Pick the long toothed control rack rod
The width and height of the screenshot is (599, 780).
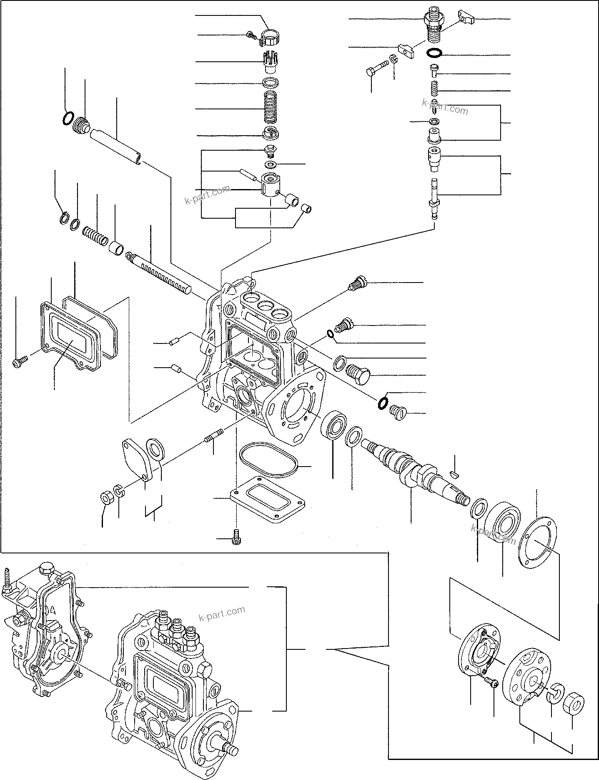coord(158,271)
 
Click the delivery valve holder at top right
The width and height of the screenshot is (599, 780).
coord(433,25)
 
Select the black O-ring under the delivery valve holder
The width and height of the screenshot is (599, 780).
coord(434,53)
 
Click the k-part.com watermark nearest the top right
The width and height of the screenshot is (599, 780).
coord(445,107)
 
